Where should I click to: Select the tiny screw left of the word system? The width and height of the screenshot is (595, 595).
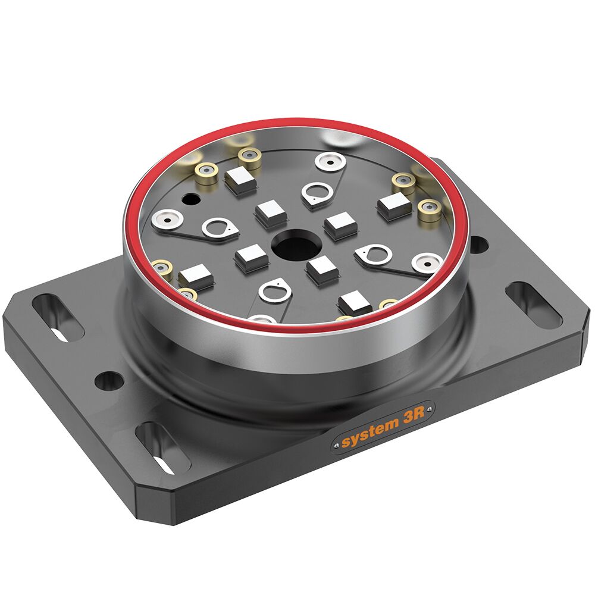pos(336,444)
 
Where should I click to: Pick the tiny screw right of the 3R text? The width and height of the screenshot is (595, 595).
pos(429,409)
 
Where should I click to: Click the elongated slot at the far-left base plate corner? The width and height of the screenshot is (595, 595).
pos(58,318)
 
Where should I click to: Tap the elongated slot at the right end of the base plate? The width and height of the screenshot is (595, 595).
pos(534,304)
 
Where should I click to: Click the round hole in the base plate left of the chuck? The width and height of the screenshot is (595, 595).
pos(108,380)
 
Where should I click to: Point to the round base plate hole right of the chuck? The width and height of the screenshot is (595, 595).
pos(479,245)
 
